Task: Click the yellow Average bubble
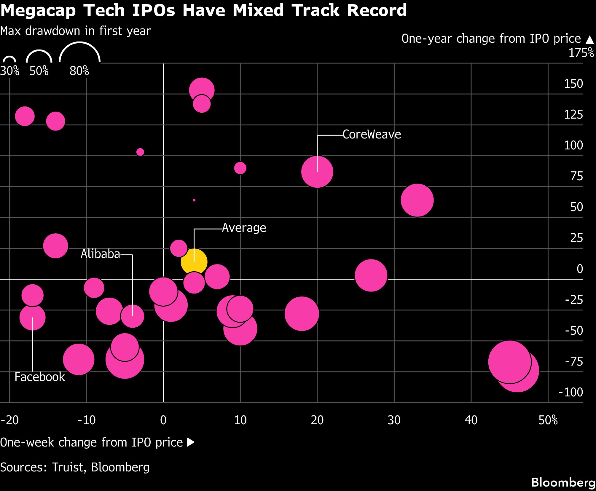pos(194,262)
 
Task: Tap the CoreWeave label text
pos(372,135)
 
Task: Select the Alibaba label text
pos(100,254)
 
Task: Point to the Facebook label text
pos(40,377)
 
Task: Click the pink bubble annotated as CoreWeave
pos(317,172)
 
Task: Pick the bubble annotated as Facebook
pos(33,317)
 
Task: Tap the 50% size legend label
pos(39,71)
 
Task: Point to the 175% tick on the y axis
pos(581,53)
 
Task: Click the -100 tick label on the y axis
pos(571,392)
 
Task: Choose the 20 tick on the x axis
pos(317,420)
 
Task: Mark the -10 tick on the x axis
pos(86,420)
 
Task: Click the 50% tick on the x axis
pos(548,420)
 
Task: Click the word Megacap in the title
pos(38,10)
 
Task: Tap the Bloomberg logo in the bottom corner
pos(563,482)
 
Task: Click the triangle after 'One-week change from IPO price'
pos(190,442)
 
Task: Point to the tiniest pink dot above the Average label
pos(194,200)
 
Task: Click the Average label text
pos(244,228)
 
